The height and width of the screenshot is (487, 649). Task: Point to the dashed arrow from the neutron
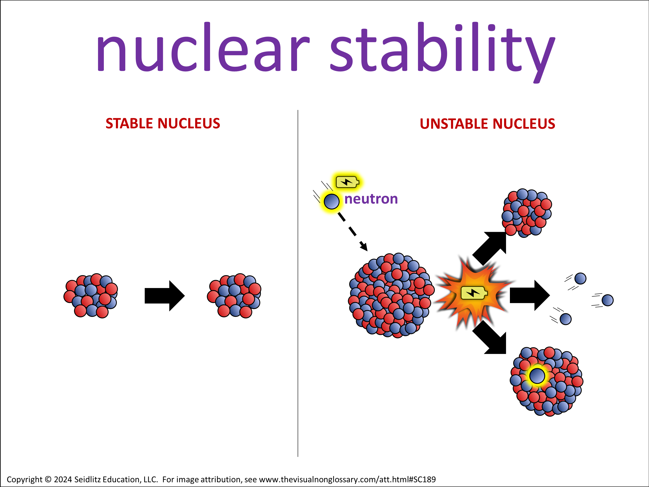pyautogui.click(x=352, y=231)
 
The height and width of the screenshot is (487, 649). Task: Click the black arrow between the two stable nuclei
pyautogui.click(x=165, y=296)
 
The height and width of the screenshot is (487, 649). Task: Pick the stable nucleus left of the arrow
pyautogui.click(x=91, y=296)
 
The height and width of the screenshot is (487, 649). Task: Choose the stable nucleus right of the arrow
pyautogui.click(x=234, y=296)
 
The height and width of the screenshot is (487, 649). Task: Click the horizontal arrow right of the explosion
pyautogui.click(x=530, y=295)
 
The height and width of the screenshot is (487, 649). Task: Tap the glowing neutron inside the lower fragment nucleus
pyautogui.click(x=537, y=376)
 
